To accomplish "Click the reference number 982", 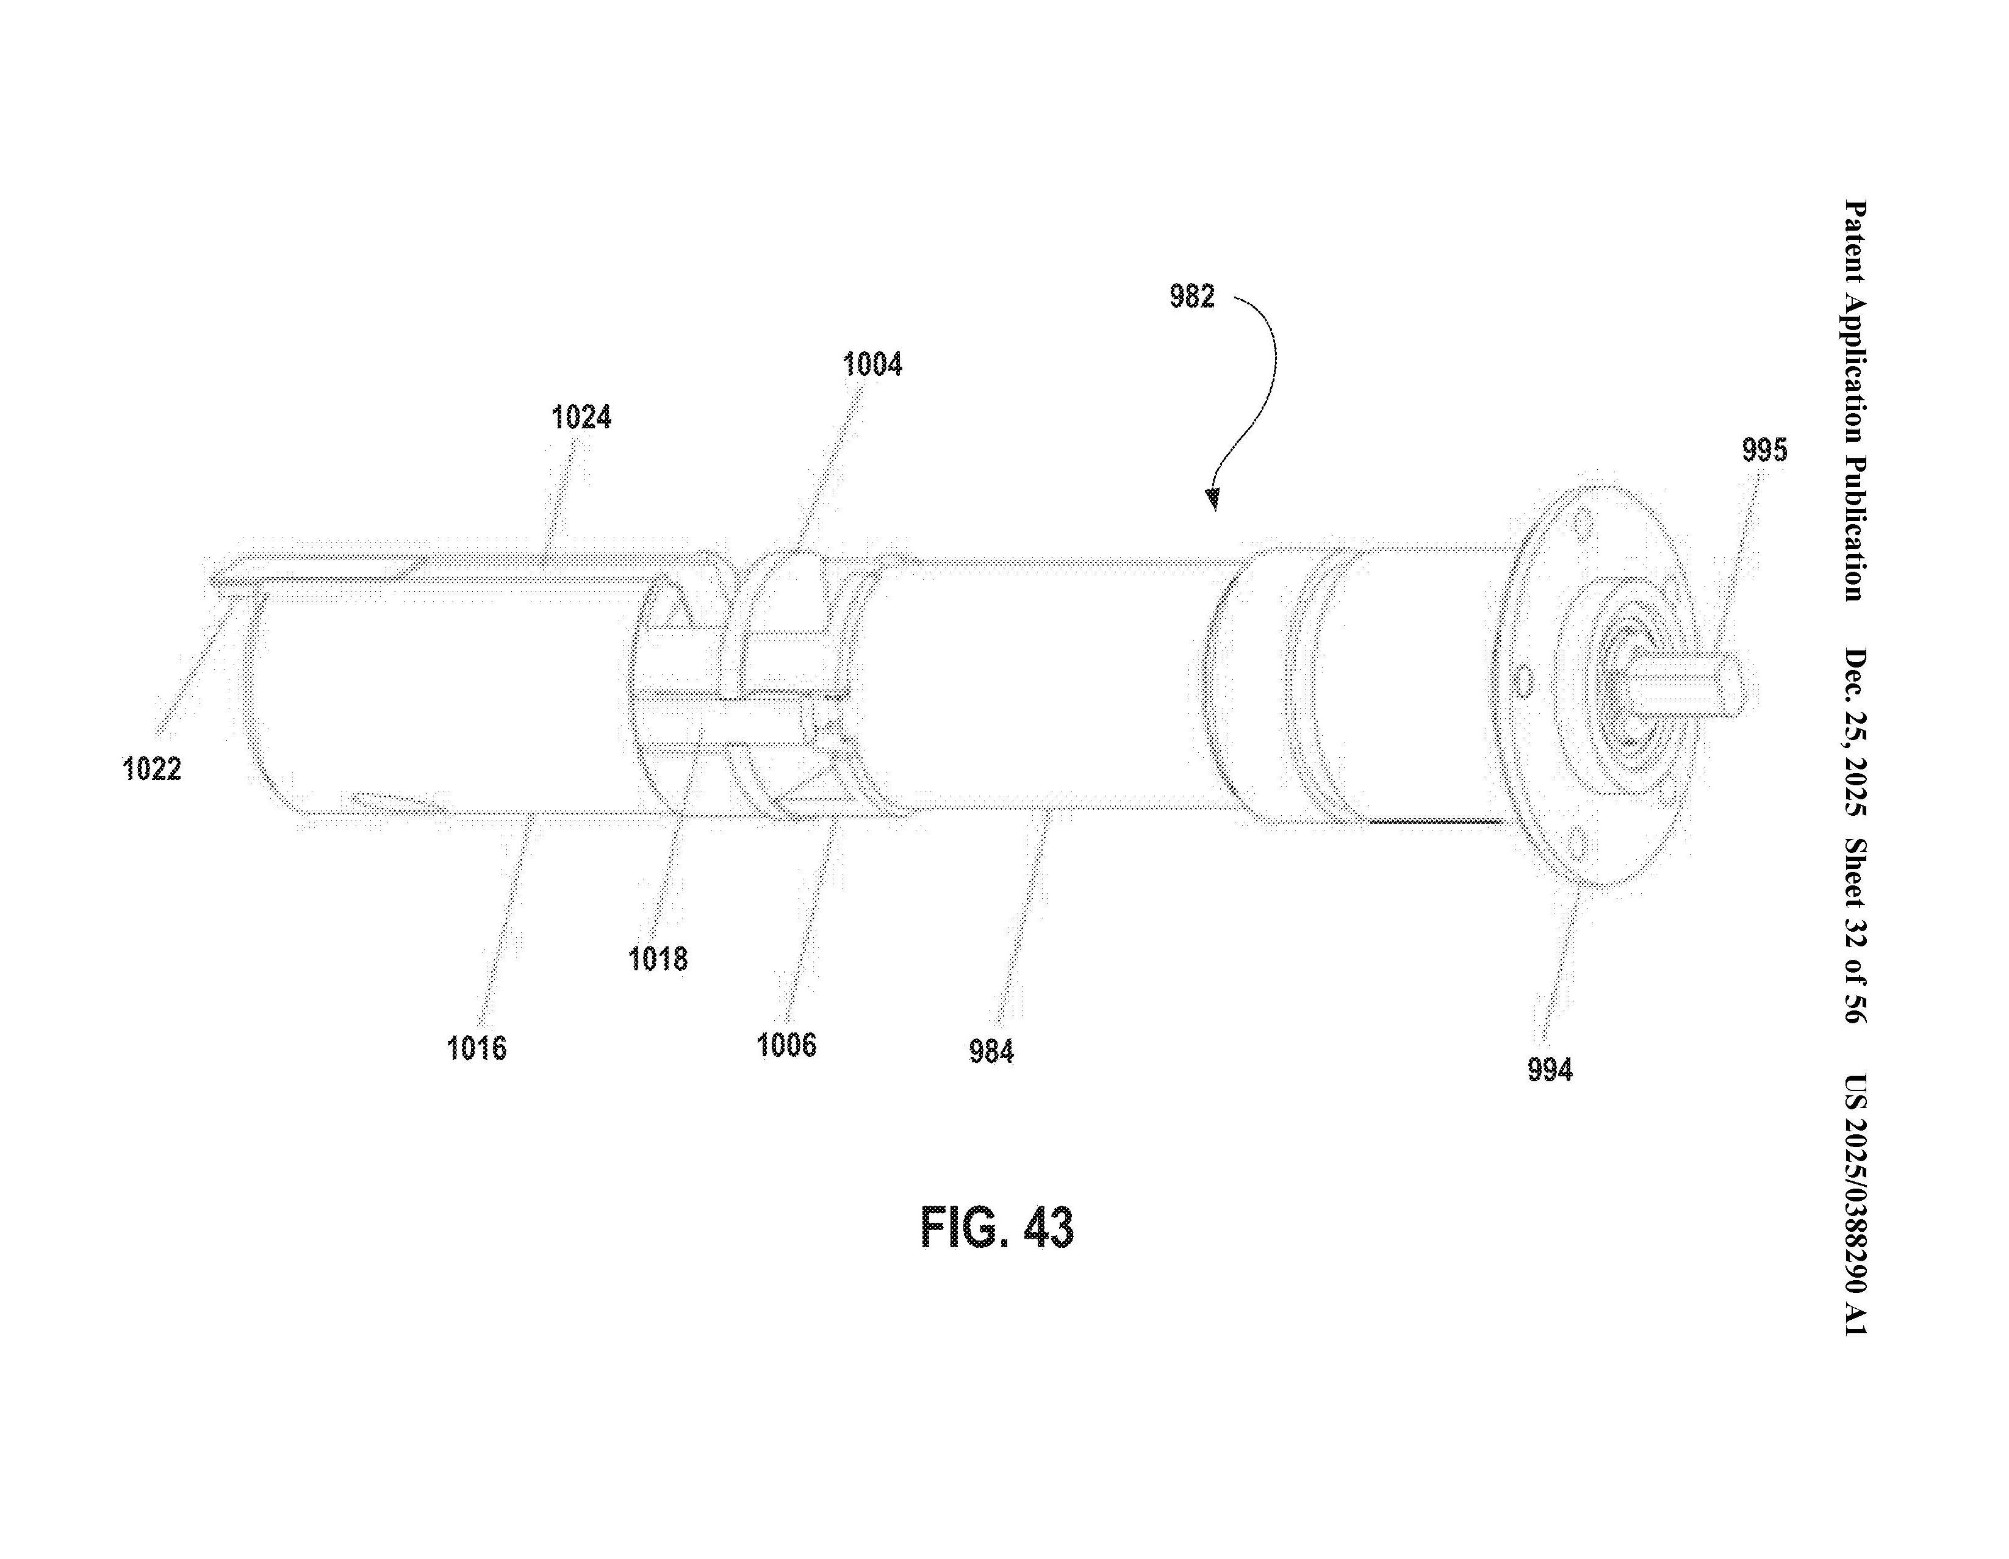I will pos(1191,296).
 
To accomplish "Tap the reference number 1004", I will pos(872,365).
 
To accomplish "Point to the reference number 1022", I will pos(152,768).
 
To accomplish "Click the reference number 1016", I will pos(476,1048).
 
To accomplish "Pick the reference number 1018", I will pos(657,959).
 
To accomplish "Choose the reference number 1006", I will pos(786,1045).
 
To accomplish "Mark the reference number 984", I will pos(991,1050).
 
